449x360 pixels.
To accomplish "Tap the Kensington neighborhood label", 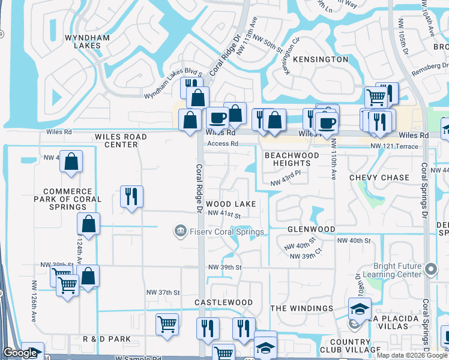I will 320,59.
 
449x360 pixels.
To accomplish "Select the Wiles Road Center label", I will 121,140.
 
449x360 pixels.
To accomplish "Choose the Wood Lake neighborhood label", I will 231,204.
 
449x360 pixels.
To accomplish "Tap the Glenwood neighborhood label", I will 311,229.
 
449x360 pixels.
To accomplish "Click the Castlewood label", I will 223,302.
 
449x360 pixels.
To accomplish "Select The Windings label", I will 301,308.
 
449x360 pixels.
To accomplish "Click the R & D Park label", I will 107,339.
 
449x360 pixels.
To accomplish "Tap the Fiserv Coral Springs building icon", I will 179,232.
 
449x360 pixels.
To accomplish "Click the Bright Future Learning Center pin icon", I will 430,268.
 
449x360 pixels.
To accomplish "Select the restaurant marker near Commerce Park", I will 131,196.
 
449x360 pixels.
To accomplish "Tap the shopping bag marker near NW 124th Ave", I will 89,224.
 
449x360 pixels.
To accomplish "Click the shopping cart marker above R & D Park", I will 167,325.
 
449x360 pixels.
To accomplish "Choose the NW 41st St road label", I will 224,214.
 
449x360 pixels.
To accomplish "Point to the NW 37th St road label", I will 163,292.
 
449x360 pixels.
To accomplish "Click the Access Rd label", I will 223,144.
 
